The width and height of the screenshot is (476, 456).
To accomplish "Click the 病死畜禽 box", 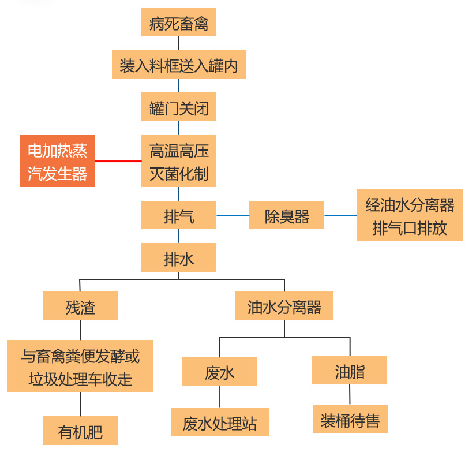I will tap(178, 24).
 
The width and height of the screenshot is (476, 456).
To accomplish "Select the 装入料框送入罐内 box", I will tap(178, 65).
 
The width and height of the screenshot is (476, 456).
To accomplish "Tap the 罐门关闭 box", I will tap(178, 107).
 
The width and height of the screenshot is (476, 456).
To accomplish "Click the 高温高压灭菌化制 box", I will tap(178, 161).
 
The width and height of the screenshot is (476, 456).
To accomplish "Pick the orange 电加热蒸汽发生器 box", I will tap(57, 161).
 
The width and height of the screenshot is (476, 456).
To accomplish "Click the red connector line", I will tap(118, 161).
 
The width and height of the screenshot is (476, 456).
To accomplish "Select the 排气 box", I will tap(178, 215).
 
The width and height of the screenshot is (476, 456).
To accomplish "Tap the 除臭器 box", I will tap(287, 215).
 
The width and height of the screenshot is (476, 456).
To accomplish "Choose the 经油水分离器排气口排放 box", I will tap(410, 215).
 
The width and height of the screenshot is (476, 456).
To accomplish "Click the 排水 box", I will tap(178, 257).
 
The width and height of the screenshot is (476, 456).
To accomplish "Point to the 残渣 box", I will tap(80, 306).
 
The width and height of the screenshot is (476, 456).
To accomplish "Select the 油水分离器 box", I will tap(284, 306).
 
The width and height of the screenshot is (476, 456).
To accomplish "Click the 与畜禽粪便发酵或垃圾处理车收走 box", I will tap(80, 366).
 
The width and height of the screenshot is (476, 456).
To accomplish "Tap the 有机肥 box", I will tap(80, 431).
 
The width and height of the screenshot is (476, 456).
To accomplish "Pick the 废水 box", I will tap(220, 371).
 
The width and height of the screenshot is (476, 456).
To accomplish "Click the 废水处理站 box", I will tap(220, 423).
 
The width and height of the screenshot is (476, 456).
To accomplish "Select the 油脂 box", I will tap(350, 370).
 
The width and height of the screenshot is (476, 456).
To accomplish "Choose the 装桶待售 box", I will tap(350, 419).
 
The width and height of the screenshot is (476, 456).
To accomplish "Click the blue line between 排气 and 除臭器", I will tap(233, 215).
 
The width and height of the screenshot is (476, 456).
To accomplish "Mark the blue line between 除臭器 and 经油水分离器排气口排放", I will tap(340, 215).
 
